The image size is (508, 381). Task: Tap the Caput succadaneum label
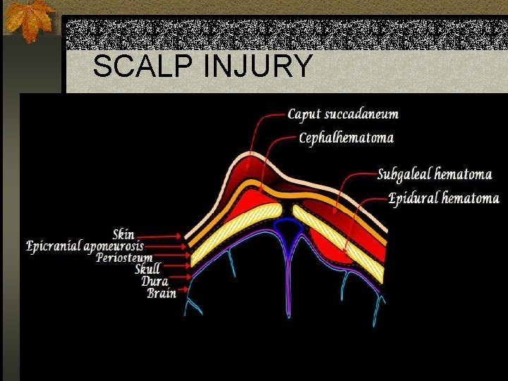click(343, 114)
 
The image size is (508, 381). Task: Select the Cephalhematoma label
click(346, 138)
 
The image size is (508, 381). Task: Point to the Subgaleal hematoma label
click(434, 174)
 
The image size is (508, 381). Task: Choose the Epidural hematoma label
click(444, 198)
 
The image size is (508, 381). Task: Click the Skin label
click(123, 234)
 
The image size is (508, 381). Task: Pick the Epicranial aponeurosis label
click(85, 246)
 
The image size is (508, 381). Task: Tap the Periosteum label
click(124, 257)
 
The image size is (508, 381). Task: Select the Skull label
click(147, 268)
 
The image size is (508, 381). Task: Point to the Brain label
click(162, 292)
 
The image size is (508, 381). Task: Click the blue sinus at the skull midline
click(287, 228)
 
